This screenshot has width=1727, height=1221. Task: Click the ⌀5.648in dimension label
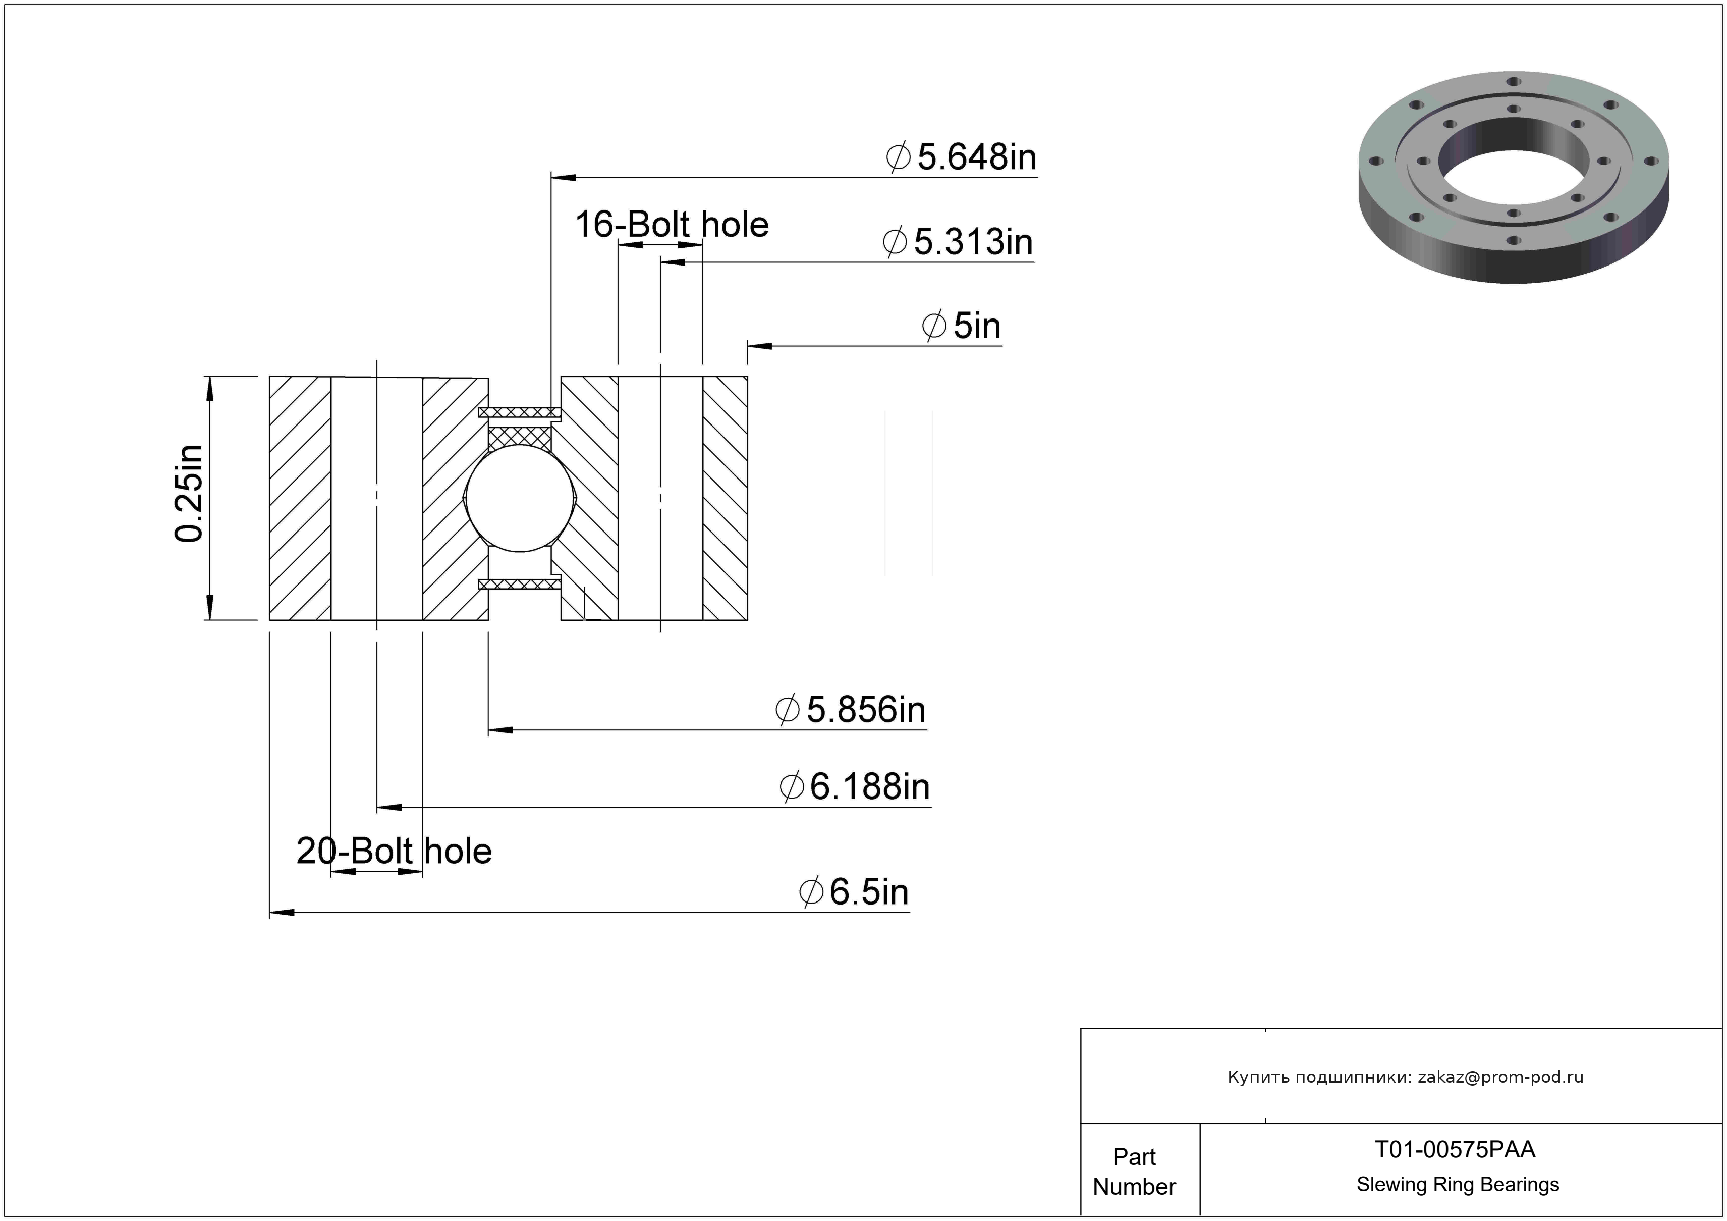pyautogui.click(x=961, y=157)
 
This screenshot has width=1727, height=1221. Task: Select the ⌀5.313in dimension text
pyautogui.click(x=958, y=242)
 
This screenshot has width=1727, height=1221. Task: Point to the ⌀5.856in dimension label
pyautogui.click(x=851, y=709)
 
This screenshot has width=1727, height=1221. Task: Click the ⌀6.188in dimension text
pyautogui.click(x=855, y=787)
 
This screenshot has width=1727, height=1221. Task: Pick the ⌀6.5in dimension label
pyautogui.click(x=854, y=892)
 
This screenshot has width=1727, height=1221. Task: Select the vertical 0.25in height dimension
pyautogui.click(x=189, y=494)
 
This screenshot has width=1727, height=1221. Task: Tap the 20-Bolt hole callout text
pyautogui.click(x=394, y=851)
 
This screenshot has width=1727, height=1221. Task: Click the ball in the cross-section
pyautogui.click(x=520, y=498)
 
